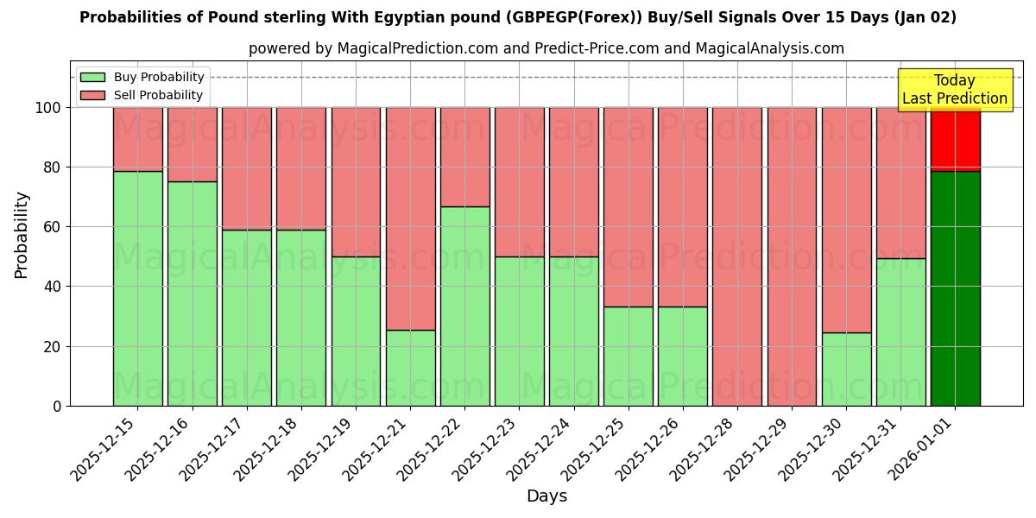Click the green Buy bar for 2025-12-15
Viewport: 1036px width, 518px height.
pyautogui.click(x=137, y=288)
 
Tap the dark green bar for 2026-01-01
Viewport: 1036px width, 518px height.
pyautogui.click(x=955, y=288)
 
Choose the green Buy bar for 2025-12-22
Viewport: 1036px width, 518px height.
pyautogui.click(x=464, y=306)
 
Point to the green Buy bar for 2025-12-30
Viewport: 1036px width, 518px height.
pyautogui.click(x=846, y=369)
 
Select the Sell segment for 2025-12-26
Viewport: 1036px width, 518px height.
pyautogui.click(x=683, y=207)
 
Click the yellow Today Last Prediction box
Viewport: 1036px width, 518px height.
pyautogui.click(x=954, y=90)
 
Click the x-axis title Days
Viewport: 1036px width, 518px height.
pyautogui.click(x=546, y=496)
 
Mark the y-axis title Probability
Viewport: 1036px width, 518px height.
pyautogui.click(x=22, y=234)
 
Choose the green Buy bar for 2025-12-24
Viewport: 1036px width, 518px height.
pyautogui.click(x=573, y=331)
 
